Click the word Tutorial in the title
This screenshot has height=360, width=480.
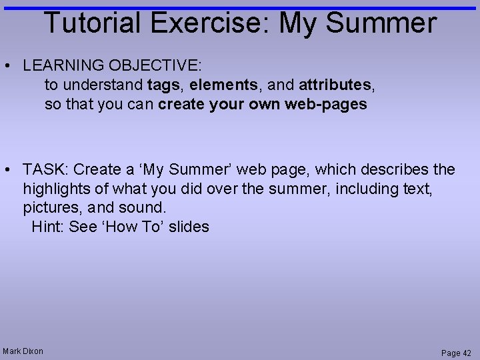coord(93,23)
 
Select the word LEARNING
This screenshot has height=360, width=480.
coord(59,66)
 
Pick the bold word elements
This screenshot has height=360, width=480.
coord(223,85)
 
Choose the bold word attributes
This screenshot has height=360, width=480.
coord(335,85)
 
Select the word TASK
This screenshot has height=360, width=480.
coord(45,170)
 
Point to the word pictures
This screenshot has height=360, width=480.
coord(53,208)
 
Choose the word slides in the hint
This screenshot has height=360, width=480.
coord(189,227)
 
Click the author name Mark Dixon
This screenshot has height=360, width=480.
coord(23,351)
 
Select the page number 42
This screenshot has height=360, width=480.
coord(466,353)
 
